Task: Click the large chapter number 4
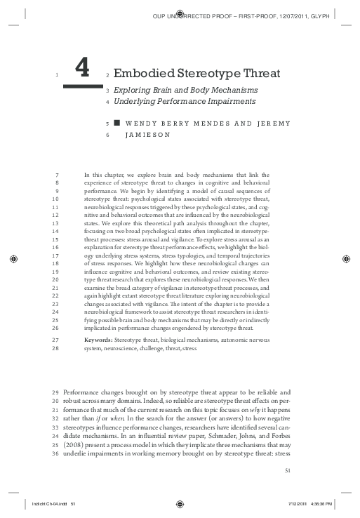[x=82, y=67]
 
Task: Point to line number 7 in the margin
[x=55, y=174]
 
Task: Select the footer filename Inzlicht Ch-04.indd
[x=46, y=503]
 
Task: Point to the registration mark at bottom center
[x=180, y=503]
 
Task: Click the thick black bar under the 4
[x=82, y=86]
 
